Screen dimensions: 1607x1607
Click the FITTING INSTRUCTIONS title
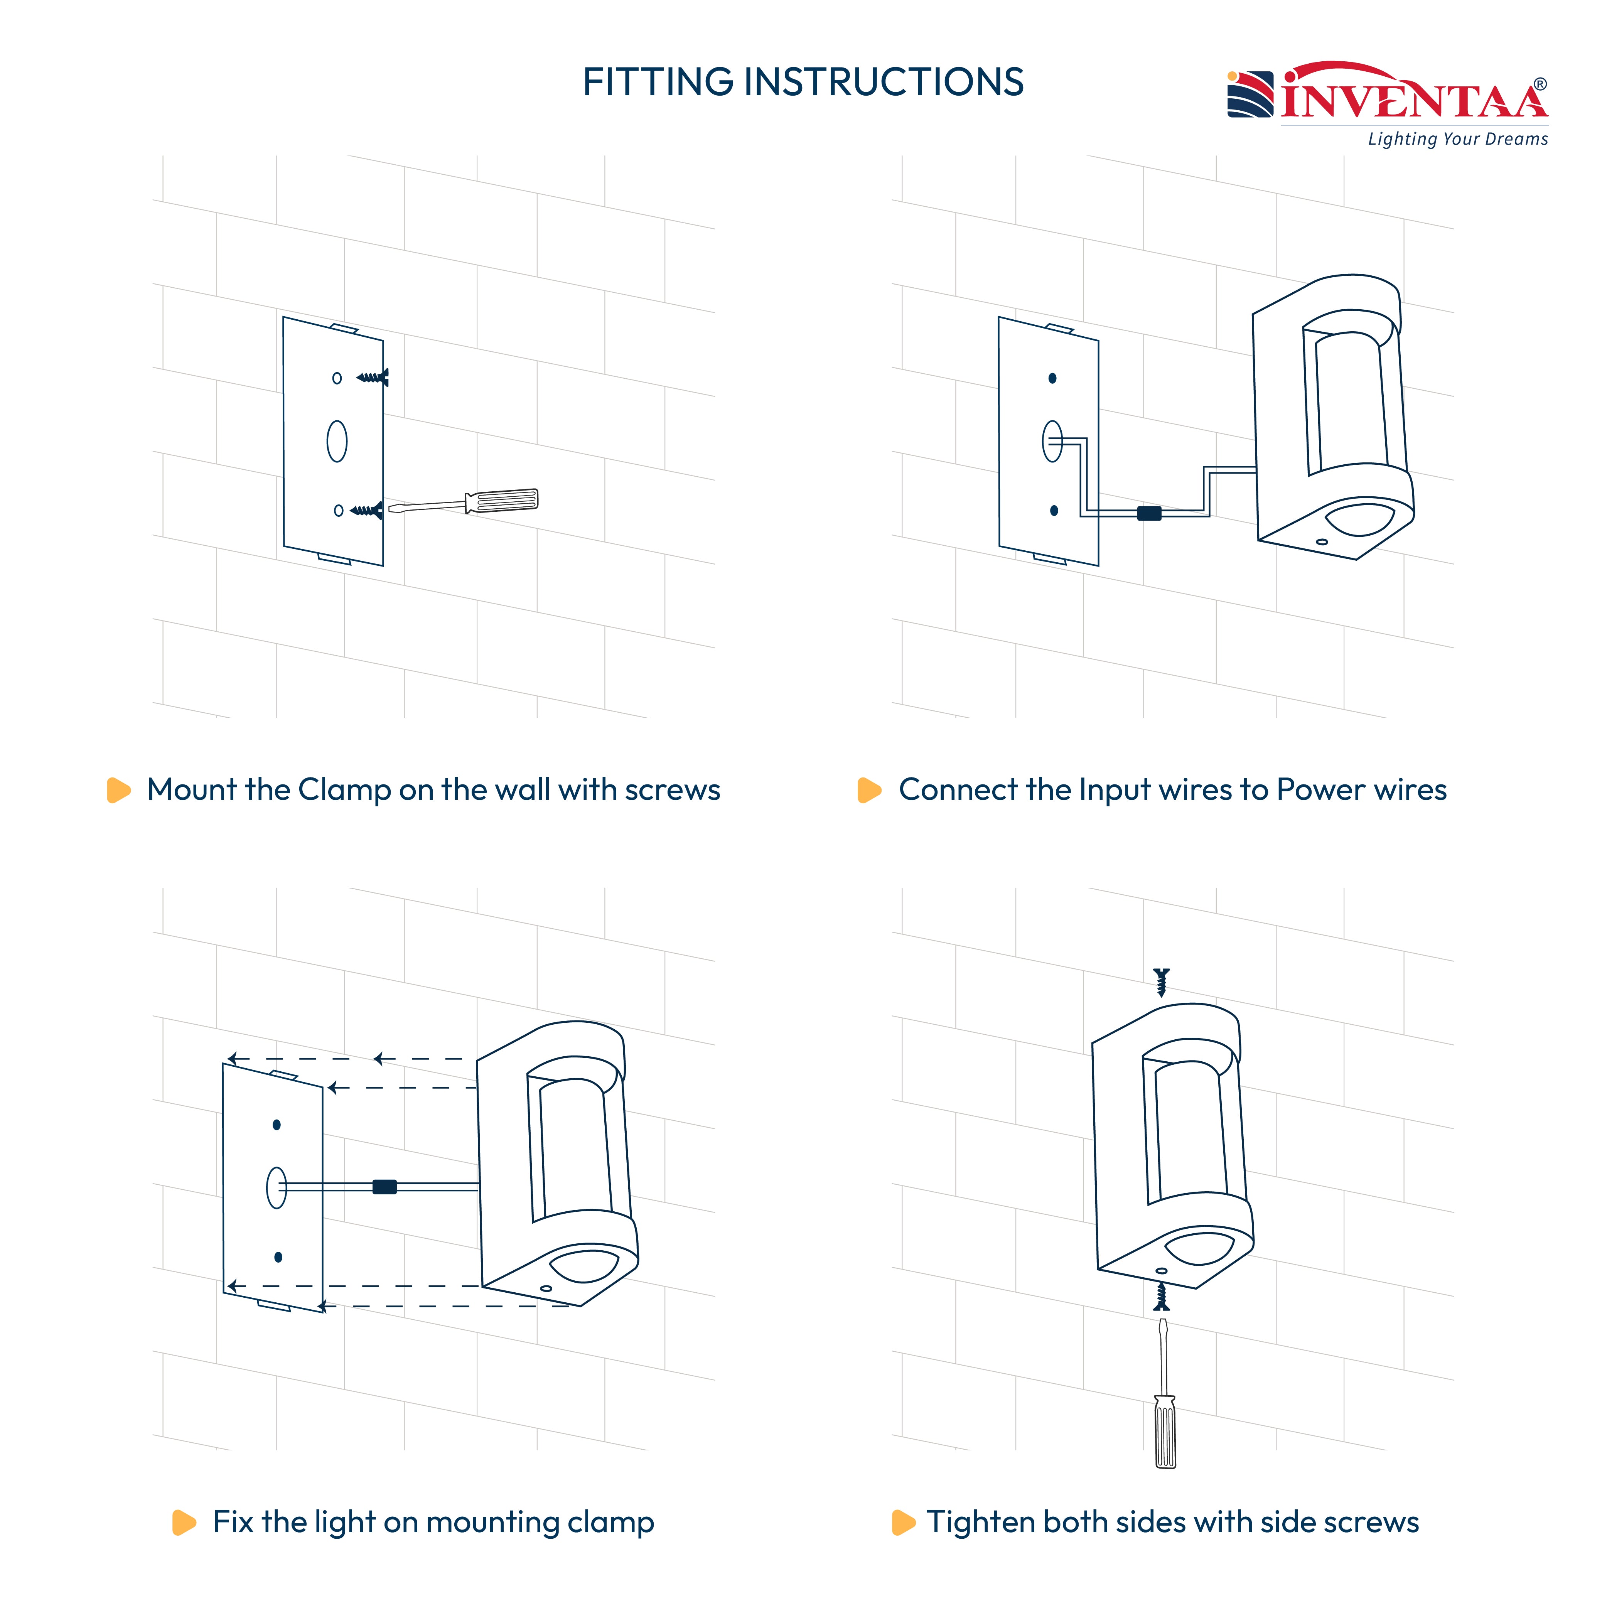[803, 81]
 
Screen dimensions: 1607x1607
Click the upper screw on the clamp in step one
[373, 378]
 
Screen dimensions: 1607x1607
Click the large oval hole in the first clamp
[337, 441]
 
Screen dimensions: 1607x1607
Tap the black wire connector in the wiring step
[1149, 513]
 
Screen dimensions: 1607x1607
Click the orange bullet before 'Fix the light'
[184, 1522]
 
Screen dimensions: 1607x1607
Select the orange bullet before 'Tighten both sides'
[903, 1522]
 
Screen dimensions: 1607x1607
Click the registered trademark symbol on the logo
[1540, 84]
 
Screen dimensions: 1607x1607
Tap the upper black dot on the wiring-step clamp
[1052, 378]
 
